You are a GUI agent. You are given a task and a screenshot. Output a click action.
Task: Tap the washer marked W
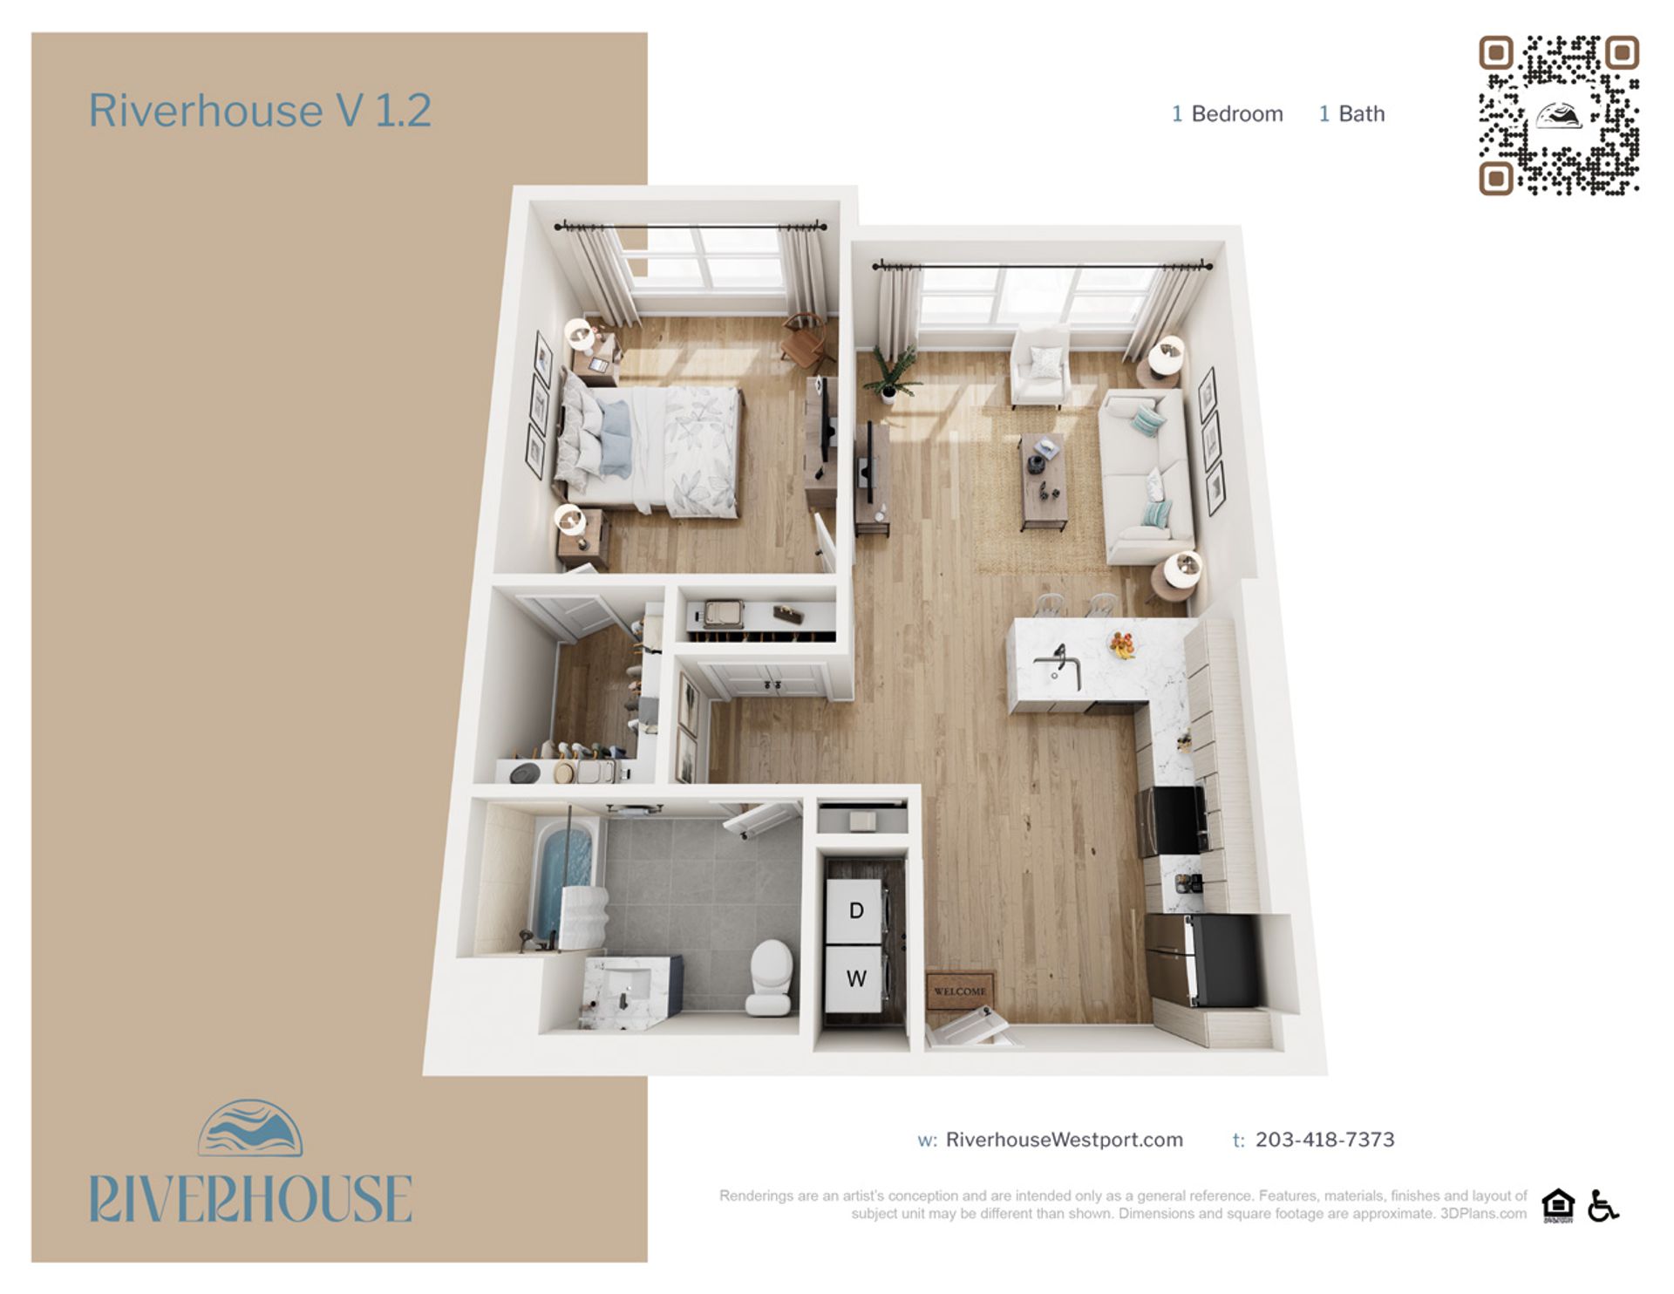(855, 978)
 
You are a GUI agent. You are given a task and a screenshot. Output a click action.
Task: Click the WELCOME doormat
(960, 991)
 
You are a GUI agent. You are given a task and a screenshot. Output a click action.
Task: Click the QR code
(1559, 115)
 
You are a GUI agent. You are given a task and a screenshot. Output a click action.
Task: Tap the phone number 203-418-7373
(1324, 1140)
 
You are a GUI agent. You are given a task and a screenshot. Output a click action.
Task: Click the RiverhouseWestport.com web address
(1064, 1140)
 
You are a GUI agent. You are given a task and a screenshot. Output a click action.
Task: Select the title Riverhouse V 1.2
(260, 111)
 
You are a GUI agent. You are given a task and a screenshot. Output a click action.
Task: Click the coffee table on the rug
(1043, 480)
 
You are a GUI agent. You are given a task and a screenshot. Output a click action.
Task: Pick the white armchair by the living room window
(1040, 366)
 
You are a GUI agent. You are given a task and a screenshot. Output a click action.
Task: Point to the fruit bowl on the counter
(1122, 645)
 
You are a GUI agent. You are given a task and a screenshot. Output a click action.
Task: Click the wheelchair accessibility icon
(1603, 1206)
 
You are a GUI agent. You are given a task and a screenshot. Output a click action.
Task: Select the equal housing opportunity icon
(1557, 1206)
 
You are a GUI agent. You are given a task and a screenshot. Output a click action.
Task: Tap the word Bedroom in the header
(1236, 114)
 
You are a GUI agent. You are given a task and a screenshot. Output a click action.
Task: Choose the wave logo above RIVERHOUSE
(250, 1128)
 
